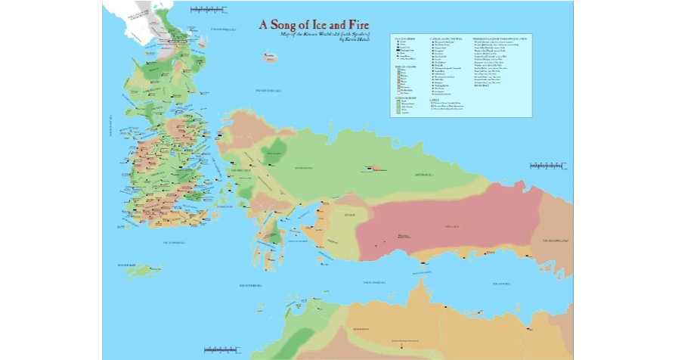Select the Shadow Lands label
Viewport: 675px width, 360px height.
pyautogui.click(x=556, y=241)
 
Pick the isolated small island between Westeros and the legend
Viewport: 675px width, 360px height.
pyautogui.click(x=269, y=57)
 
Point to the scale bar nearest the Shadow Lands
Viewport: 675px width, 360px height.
pyautogui.click(x=544, y=165)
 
